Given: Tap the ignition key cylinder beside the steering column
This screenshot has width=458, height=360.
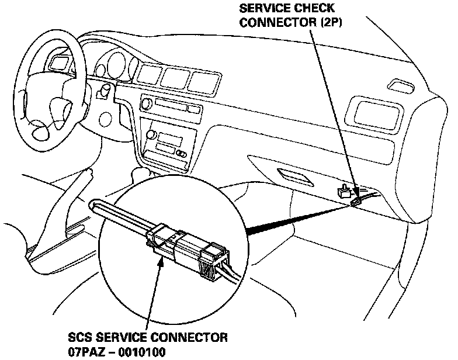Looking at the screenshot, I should pyautogui.click(x=106, y=91).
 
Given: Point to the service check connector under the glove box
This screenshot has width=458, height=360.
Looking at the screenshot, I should pyautogui.click(x=356, y=202).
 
